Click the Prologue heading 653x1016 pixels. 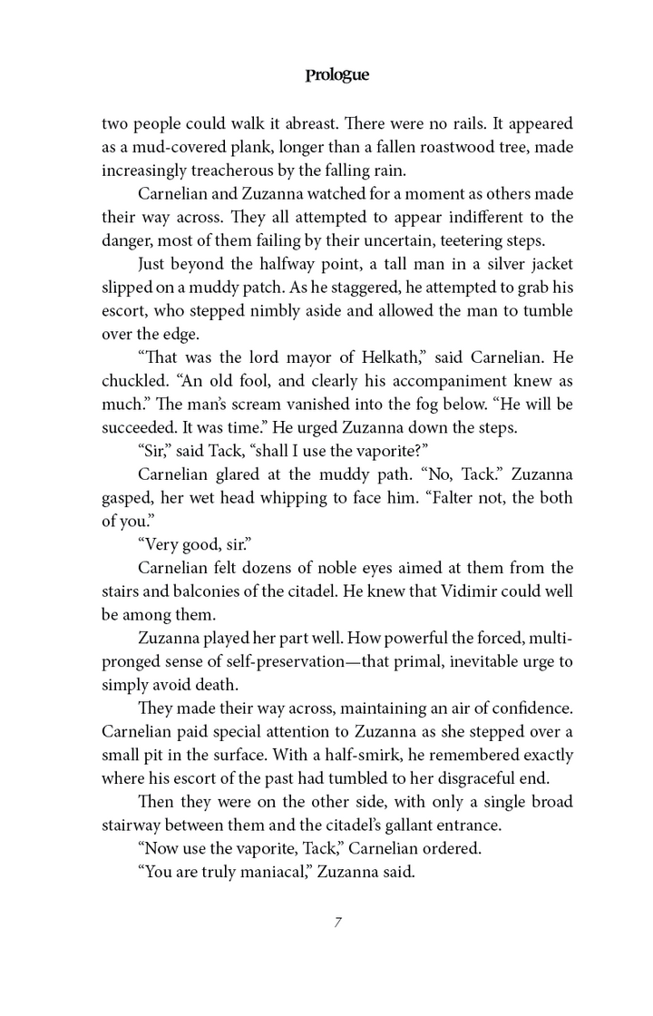pyautogui.click(x=336, y=75)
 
